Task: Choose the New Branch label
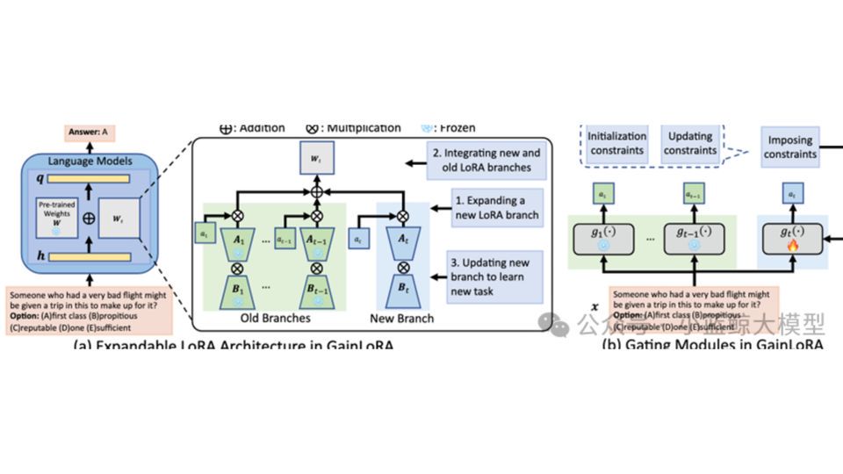402,319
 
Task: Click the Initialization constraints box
616,144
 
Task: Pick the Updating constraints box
689,144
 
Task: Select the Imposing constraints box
790,147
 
